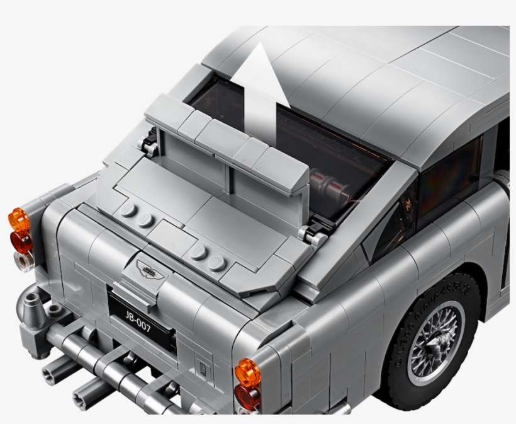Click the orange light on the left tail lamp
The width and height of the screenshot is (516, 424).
click(18, 221)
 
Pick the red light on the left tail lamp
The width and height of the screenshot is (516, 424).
click(21, 241)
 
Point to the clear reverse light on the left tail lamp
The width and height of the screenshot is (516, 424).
click(25, 261)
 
